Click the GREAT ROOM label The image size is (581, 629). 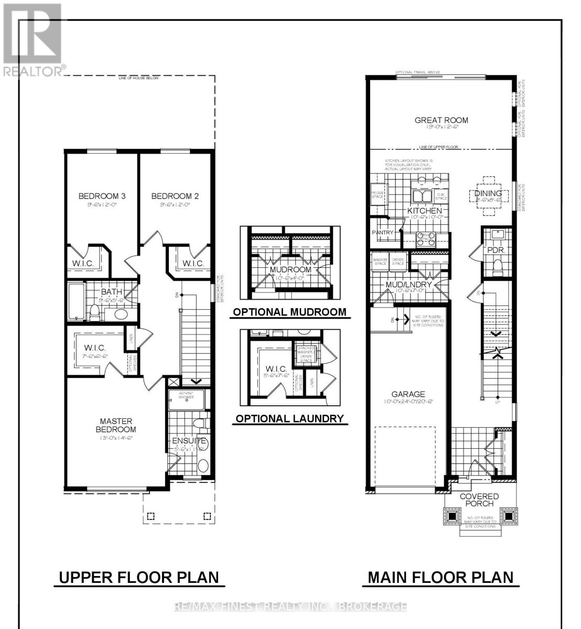441,120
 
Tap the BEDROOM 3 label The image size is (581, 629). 102,196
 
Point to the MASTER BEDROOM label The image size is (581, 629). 116,425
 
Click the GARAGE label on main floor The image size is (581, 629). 408,394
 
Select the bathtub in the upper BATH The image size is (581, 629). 76,302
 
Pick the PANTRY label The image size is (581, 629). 382,232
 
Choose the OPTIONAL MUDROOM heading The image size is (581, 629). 289,312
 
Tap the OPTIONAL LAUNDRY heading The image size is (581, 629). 289,418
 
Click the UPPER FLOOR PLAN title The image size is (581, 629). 138,577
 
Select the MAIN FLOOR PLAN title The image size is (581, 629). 440,577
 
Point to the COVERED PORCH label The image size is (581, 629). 479,500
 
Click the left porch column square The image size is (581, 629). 452,516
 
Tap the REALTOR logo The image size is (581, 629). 33,39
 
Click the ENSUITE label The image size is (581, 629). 189,441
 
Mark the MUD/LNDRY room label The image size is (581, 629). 408,285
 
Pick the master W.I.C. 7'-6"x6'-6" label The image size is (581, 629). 95,348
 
